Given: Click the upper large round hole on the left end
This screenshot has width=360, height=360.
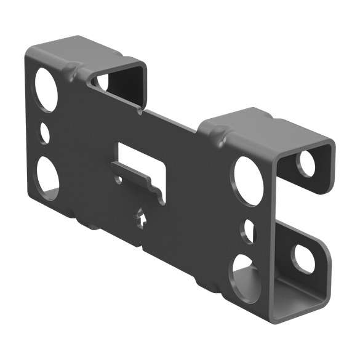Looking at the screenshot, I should click(x=46, y=89).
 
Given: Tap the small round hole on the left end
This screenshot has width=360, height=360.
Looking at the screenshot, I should click(x=45, y=132).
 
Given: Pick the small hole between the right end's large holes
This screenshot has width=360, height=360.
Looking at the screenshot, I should click(x=249, y=230).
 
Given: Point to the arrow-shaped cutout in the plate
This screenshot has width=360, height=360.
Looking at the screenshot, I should click(x=141, y=218).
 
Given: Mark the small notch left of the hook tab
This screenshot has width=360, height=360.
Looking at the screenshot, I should click(x=118, y=180).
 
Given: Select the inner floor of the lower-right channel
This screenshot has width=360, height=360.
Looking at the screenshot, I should click(x=295, y=302).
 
